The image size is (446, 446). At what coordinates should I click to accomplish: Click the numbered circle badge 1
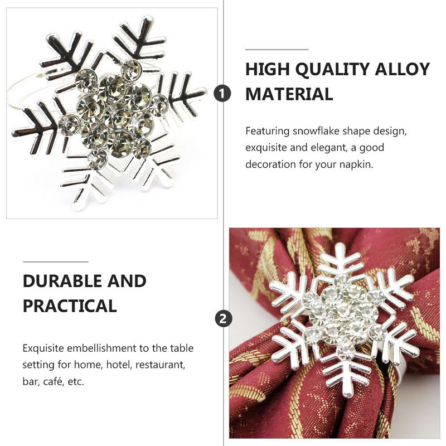222,94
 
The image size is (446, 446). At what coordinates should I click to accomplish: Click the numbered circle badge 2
224,318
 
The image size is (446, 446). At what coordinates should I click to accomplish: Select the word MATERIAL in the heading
289,94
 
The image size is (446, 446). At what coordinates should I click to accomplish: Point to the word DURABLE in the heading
62,281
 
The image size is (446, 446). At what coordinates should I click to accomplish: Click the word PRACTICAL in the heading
70,306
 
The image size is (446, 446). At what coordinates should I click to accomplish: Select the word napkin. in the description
356,164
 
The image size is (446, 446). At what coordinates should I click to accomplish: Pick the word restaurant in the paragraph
160,365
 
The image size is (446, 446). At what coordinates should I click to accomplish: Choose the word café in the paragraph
52,381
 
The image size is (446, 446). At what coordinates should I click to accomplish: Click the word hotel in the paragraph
119,365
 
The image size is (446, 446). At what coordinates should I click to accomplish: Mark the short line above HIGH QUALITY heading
277,50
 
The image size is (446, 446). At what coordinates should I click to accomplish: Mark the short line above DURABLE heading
56,261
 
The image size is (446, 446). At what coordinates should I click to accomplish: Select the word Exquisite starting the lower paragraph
43,348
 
